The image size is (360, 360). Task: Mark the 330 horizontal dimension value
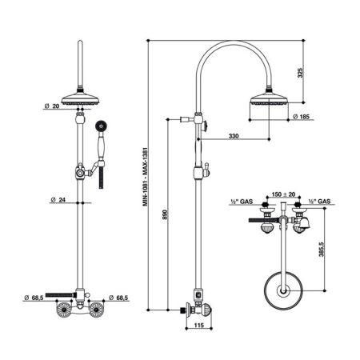pyautogui.click(x=233, y=137)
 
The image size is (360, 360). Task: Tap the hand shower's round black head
pyautogui.click(x=102, y=125)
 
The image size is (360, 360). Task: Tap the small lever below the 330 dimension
pyautogui.click(x=206, y=168)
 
